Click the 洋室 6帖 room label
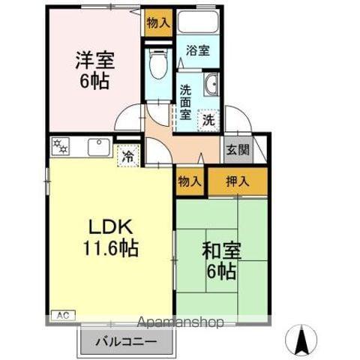(x=94, y=69)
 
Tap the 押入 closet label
(x=238, y=180)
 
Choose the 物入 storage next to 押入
(x=190, y=180)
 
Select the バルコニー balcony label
(x=126, y=342)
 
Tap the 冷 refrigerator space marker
(x=128, y=156)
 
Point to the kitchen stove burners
(x=60, y=147)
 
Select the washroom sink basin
(x=211, y=85)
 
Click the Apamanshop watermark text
(x=181, y=323)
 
